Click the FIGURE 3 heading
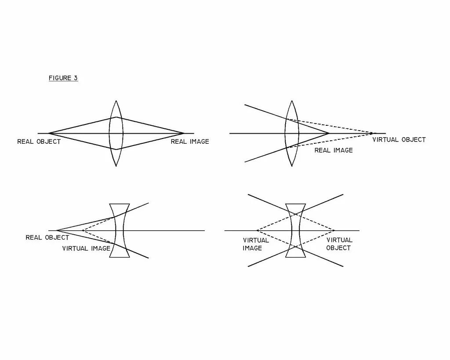(x=63, y=78)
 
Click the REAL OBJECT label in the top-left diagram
(x=39, y=142)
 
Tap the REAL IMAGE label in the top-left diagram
(x=190, y=142)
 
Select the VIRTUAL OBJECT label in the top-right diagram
(x=399, y=140)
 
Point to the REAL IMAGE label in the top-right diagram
(x=334, y=150)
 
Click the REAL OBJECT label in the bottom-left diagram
(x=47, y=237)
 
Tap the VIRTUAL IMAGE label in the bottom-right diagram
(x=256, y=244)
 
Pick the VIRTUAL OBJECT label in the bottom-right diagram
(x=339, y=244)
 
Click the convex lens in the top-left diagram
(x=116, y=133)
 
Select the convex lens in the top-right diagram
(x=292, y=133)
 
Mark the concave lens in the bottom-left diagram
(x=120, y=230)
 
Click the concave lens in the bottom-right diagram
(x=295, y=230)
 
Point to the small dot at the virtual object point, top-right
(x=371, y=133)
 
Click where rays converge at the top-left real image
(x=184, y=133)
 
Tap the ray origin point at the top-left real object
(x=48, y=133)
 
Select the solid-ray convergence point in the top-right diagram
(x=329, y=133)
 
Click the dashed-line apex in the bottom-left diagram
(x=83, y=230)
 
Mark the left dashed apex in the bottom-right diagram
(x=257, y=230)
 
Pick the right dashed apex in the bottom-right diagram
(x=334, y=230)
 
